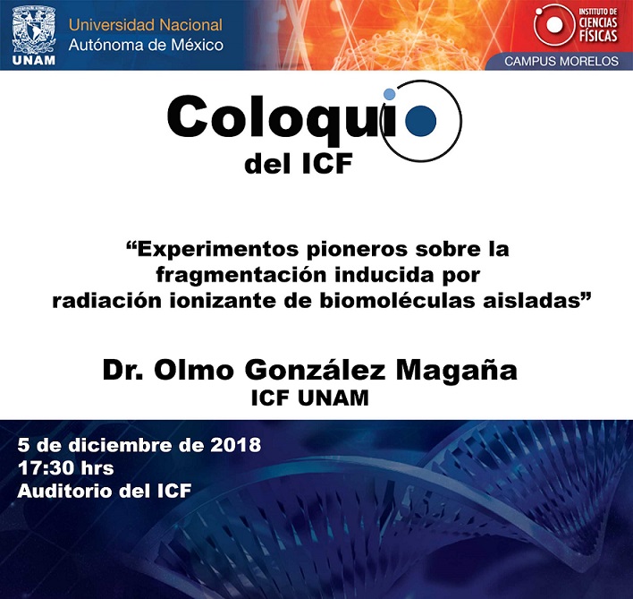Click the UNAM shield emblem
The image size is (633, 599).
pos(34,30)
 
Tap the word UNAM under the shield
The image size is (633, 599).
pos(34,61)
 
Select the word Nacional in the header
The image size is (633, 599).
pos(190,25)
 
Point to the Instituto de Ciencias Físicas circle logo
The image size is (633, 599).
pos(554,25)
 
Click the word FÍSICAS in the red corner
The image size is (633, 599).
pos(598,35)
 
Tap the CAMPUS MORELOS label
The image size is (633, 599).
pos(561,61)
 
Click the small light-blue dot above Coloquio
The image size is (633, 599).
pos(389,94)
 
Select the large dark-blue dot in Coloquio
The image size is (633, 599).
pos(420,121)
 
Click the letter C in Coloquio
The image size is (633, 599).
pos(187,116)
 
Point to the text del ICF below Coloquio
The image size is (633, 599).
pos(299,164)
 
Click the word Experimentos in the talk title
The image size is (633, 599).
pos(219,250)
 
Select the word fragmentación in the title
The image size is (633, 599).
pos(241,275)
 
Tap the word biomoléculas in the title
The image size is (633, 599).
pos(397,301)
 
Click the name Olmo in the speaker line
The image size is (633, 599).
pos(194,370)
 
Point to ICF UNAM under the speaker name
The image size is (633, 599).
pos(309,398)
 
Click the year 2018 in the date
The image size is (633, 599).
pos(235,445)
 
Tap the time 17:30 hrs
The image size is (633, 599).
pos(65,468)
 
